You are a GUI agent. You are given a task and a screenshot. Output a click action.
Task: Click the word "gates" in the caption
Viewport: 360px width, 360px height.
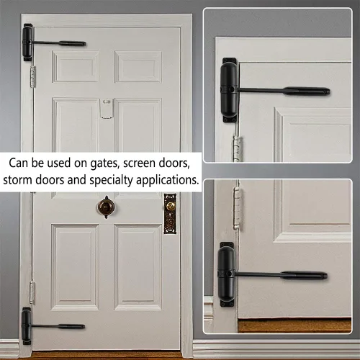[x=104, y=163]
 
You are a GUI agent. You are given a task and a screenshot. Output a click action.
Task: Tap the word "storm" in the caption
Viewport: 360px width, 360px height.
[x=17, y=179]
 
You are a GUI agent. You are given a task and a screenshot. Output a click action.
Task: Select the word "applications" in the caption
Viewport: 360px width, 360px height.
[x=167, y=180]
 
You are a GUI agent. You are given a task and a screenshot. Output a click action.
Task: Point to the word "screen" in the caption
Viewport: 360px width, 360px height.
[x=139, y=163]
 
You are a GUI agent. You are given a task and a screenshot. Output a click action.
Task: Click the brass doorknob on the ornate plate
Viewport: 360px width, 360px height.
[x=171, y=205]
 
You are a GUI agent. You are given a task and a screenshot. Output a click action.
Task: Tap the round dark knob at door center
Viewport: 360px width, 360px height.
[x=106, y=207]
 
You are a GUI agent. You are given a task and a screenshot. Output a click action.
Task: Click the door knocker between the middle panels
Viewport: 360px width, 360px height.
[x=107, y=108]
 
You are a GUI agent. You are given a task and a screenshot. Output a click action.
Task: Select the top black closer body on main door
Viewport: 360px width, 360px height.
[x=27, y=42]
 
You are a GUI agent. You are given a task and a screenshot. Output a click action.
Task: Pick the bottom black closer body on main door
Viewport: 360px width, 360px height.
[x=27, y=325]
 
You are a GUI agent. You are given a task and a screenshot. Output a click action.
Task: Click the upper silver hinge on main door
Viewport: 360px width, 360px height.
[x=33, y=76]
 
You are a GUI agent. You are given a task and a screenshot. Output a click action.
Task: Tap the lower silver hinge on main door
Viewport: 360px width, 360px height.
[x=32, y=293]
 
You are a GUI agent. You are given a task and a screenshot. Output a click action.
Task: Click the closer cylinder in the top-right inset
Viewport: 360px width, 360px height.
[x=229, y=90]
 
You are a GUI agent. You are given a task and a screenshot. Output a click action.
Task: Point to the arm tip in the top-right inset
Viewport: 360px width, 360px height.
[x=327, y=91]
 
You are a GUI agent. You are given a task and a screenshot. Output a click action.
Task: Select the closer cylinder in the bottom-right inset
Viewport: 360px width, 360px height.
[x=227, y=274]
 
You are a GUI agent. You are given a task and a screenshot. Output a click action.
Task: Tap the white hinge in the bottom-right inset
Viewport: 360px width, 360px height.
[x=238, y=208]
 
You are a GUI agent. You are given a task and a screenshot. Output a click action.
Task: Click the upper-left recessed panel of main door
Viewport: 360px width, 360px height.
[x=76, y=66]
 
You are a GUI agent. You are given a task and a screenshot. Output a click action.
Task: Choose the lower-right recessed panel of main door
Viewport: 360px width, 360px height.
[x=138, y=267]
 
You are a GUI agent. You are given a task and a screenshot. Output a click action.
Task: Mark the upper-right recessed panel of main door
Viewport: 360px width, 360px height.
[x=138, y=66]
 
